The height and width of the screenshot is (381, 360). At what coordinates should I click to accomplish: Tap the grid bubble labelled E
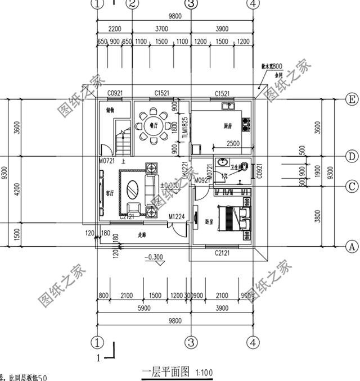(351, 100)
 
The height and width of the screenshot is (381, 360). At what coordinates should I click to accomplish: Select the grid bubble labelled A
(351, 246)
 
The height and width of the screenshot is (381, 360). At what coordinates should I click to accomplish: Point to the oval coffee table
(134, 188)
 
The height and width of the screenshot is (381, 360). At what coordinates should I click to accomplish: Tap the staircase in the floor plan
(123, 140)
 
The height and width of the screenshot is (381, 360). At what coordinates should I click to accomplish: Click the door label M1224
(176, 216)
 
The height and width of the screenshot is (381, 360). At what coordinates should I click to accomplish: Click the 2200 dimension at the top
(115, 29)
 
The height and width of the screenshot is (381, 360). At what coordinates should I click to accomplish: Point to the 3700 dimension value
(161, 29)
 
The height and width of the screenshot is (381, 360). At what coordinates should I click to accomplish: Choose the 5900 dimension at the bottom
(144, 307)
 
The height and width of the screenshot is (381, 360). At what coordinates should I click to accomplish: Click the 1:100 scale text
(204, 371)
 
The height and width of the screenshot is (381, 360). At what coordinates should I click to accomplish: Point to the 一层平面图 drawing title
(166, 371)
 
